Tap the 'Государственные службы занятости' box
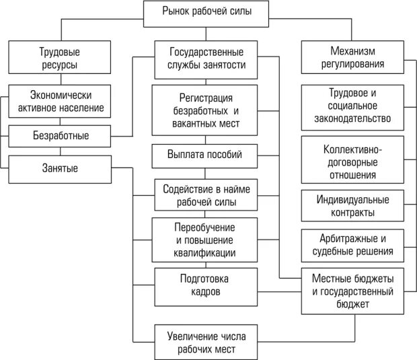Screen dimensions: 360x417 point(206,58)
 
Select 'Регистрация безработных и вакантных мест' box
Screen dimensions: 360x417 point(206,111)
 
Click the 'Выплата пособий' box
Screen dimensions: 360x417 point(204,155)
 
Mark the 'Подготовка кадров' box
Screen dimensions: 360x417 point(204,285)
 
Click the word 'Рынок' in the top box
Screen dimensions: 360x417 point(176,11)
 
